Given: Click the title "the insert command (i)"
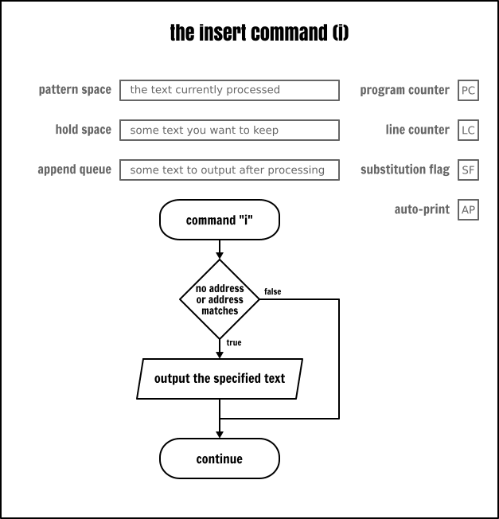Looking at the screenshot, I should pyautogui.click(x=259, y=33).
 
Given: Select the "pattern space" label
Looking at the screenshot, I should pyautogui.click(x=75, y=90).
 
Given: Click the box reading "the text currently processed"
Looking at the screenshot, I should pyautogui.click(x=229, y=90).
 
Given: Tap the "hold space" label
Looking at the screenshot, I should pyautogui.click(x=84, y=130).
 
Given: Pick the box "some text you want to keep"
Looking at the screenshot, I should pyautogui.click(x=229, y=130).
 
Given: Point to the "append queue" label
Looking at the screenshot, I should pyautogui.click(x=75, y=170).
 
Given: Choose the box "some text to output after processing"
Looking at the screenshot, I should pyautogui.click(x=229, y=170).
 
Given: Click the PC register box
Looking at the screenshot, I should pyautogui.click(x=469, y=90).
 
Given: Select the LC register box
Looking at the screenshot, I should pyautogui.click(x=469, y=130).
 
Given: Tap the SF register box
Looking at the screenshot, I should pyautogui.click(x=469, y=170).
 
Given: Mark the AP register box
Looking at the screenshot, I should pyautogui.click(x=469, y=209).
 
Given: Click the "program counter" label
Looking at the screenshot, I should pyautogui.click(x=404, y=90).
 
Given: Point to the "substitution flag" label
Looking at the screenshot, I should pyautogui.click(x=404, y=170).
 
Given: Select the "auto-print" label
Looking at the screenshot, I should pyautogui.click(x=422, y=209).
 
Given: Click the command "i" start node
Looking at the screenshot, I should pyautogui.click(x=220, y=220).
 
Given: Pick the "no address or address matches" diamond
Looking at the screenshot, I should pyautogui.click(x=220, y=299).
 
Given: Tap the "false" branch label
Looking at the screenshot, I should pyautogui.click(x=272, y=291).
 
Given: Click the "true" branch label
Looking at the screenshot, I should pyautogui.click(x=234, y=342).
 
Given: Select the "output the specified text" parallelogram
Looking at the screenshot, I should pyautogui.click(x=220, y=379).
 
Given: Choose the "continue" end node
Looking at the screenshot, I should pyautogui.click(x=220, y=459).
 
